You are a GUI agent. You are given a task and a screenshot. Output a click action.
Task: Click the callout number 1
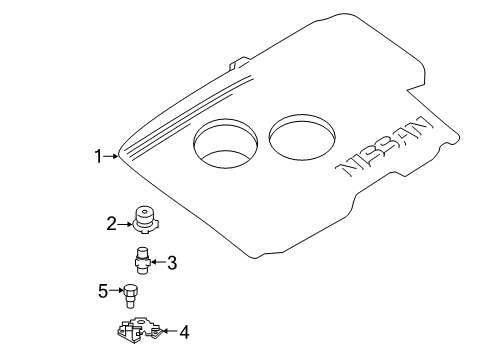(x=98, y=156)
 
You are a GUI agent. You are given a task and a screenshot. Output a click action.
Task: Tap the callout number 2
(x=113, y=223)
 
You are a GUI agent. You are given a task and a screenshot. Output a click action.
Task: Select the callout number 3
(x=171, y=264)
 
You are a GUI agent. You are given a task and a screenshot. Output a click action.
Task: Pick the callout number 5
(x=103, y=292)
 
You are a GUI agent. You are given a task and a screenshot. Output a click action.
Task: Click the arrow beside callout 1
(x=111, y=156)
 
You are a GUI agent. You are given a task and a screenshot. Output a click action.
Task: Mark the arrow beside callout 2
(x=126, y=223)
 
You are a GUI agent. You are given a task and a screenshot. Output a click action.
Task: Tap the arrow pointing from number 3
(x=157, y=264)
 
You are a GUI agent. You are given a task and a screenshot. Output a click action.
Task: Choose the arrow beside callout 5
(x=116, y=292)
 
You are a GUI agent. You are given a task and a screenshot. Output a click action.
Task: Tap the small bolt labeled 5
(x=129, y=295)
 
